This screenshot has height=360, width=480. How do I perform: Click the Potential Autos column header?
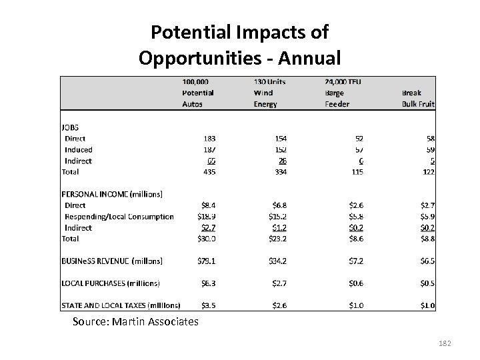[x=198, y=93]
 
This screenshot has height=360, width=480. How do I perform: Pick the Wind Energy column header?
[x=269, y=93]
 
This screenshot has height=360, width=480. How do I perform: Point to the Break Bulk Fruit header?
[x=418, y=98]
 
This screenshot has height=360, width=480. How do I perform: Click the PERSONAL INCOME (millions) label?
[x=112, y=194]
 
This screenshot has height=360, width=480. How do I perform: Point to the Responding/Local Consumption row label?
[x=119, y=216]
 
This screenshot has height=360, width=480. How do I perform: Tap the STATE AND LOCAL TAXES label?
[x=121, y=305]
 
